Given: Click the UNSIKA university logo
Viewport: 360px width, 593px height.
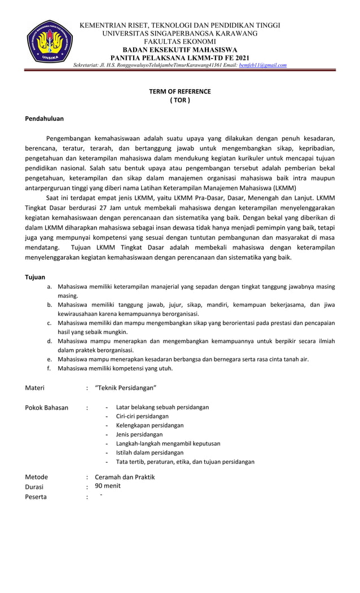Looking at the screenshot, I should [x=50, y=44].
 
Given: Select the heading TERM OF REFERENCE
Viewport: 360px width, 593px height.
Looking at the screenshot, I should [x=179, y=91].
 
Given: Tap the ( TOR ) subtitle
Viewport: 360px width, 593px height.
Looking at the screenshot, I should [x=179, y=100].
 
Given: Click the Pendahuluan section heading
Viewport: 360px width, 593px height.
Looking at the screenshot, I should [x=45, y=118].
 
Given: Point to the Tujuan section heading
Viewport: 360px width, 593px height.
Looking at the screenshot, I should [x=36, y=277].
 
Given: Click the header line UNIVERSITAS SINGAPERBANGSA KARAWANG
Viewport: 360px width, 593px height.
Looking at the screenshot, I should [x=179, y=34].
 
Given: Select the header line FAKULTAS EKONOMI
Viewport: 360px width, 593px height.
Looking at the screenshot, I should [x=179, y=42].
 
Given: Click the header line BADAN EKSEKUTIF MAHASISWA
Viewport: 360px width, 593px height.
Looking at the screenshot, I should [x=179, y=50].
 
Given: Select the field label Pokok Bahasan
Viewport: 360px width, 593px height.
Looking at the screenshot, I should [x=47, y=407].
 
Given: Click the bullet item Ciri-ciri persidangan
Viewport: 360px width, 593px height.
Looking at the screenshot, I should [x=142, y=416].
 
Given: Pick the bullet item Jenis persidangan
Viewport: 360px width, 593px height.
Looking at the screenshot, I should [x=139, y=434].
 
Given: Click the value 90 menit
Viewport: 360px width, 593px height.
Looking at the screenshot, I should [x=107, y=486].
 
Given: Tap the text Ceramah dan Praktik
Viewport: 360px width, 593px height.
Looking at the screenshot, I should [x=125, y=477].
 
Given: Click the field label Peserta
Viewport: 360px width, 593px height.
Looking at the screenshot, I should [x=36, y=497].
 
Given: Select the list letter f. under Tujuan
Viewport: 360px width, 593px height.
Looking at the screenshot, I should [x=50, y=368].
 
